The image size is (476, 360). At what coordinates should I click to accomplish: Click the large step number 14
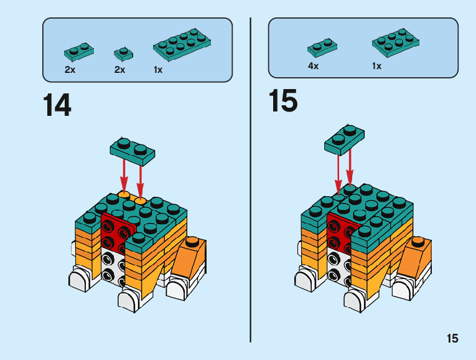57,105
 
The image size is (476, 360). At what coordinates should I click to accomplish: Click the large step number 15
283,101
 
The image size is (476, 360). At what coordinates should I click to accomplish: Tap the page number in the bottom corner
452,338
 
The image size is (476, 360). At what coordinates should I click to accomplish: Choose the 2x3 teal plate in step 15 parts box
394,42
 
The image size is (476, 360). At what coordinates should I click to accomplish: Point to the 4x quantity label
313,66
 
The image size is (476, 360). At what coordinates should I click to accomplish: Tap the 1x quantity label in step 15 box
376,66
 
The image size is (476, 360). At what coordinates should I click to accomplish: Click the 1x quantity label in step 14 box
158,70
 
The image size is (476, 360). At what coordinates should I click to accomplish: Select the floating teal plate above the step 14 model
132,150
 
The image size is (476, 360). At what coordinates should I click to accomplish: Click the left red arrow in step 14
124,178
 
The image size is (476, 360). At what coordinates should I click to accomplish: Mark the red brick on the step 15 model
339,233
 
